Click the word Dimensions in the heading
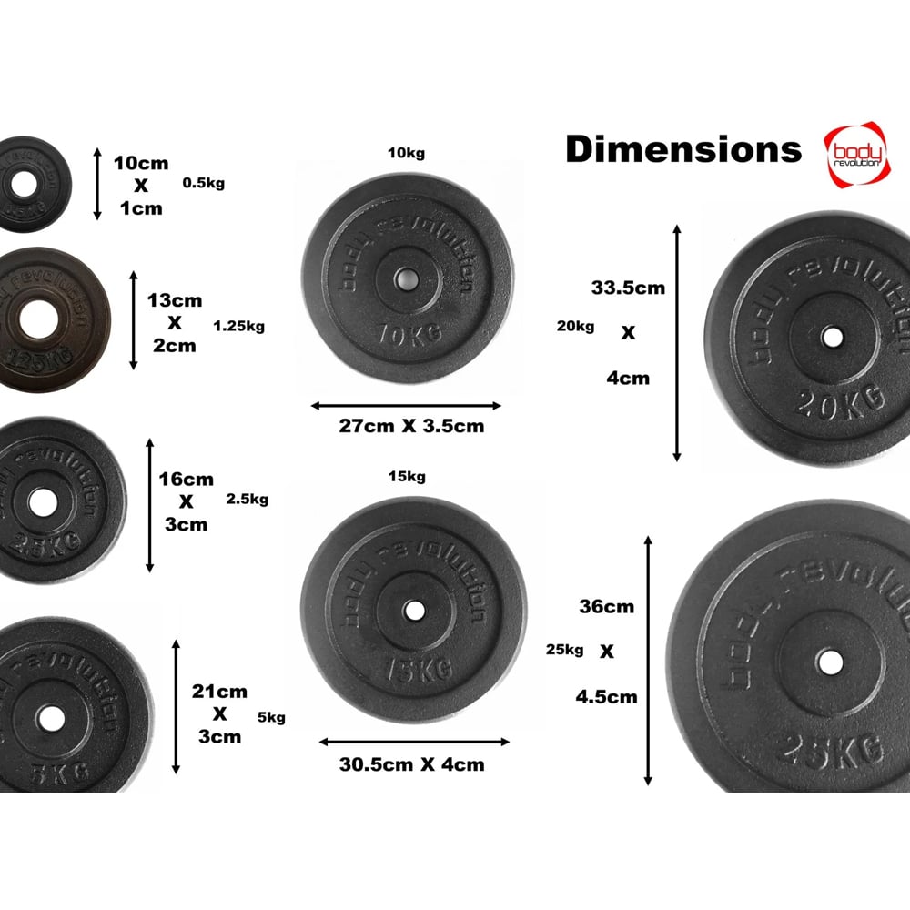[683, 149]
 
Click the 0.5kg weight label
[203, 183]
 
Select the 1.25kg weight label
[239, 325]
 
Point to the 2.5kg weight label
[247, 499]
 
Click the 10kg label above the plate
[406, 153]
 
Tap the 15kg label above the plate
[406, 477]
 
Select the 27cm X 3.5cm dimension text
[406, 426]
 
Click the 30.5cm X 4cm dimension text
[412, 764]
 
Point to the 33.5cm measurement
[628, 288]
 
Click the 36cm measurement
[605, 607]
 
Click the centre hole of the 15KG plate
[413, 611]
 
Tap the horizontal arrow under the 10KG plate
[406, 406]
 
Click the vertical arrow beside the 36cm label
[648, 661]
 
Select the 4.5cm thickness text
[606, 697]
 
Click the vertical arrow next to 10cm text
[97, 185]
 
